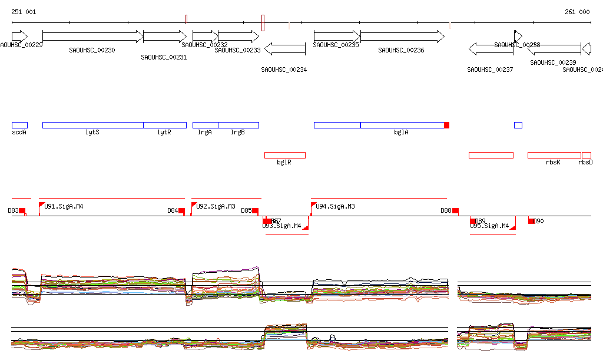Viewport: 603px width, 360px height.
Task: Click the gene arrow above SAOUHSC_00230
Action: [93, 37]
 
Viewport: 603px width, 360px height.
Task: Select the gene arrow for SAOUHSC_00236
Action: [403, 37]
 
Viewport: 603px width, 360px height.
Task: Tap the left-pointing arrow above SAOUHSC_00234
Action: [285, 49]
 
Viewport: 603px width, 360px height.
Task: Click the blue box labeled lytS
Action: [92, 125]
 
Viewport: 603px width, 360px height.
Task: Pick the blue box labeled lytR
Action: [165, 125]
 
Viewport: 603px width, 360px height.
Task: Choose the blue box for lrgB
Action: [238, 125]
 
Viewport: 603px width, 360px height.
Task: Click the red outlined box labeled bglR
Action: [284, 155]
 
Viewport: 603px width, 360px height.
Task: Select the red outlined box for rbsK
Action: [554, 155]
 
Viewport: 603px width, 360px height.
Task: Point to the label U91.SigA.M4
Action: [64, 206]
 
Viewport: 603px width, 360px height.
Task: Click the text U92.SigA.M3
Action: [216, 206]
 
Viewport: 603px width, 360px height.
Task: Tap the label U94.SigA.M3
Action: [335, 206]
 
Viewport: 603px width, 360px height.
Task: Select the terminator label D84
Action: [173, 210]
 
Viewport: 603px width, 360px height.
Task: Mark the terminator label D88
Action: [446, 210]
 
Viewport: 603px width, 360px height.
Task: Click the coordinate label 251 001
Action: [24, 12]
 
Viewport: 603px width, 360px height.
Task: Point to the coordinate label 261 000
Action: [577, 12]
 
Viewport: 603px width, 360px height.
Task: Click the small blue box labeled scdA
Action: [19, 125]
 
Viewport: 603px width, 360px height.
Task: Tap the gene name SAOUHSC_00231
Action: [164, 57]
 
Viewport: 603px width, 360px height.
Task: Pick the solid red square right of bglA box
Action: [447, 125]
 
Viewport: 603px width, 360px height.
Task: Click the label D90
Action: [539, 221]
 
